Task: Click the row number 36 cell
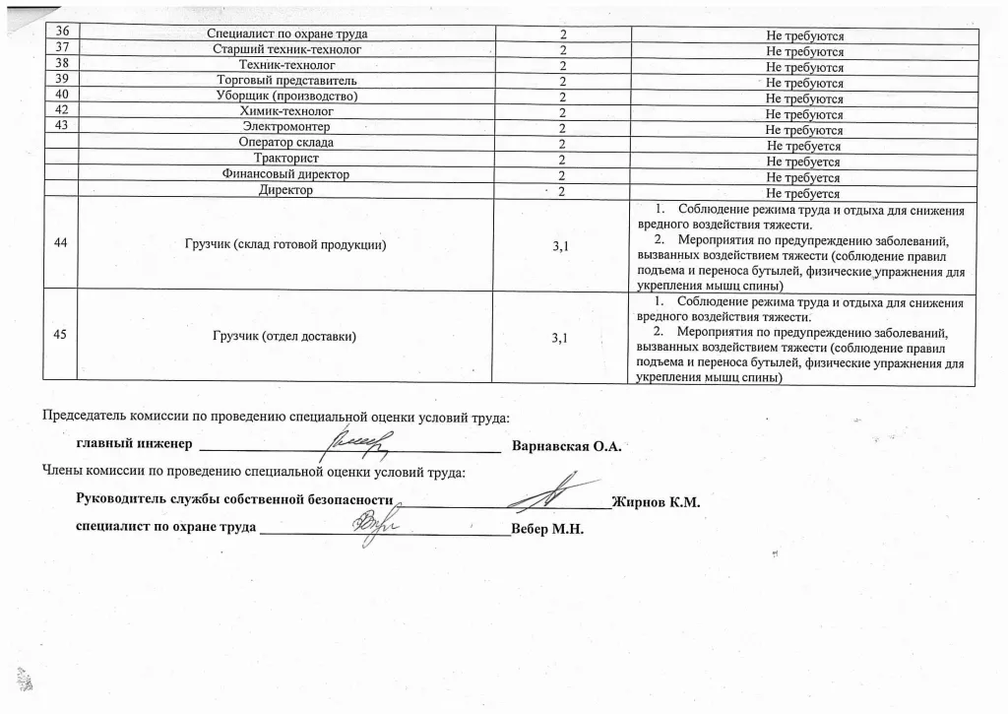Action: point(61,34)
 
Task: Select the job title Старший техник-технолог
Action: point(286,50)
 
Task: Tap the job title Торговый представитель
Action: point(286,81)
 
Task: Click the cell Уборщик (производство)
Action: point(286,97)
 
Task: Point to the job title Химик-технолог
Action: point(286,112)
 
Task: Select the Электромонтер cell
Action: point(286,128)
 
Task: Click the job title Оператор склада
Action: point(286,144)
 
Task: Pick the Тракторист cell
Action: point(286,160)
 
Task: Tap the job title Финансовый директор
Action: point(286,175)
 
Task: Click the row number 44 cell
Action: point(61,244)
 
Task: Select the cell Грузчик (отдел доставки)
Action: point(284,337)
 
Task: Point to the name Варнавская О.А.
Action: point(567,446)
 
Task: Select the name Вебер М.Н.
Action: point(548,529)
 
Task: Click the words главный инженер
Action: point(133,445)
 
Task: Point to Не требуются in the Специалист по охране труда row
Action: point(804,36)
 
